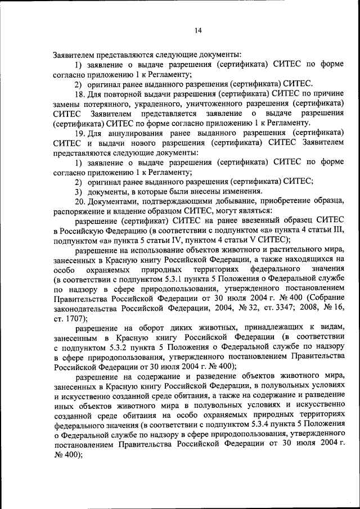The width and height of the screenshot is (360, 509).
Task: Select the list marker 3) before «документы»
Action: coord(79,191)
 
